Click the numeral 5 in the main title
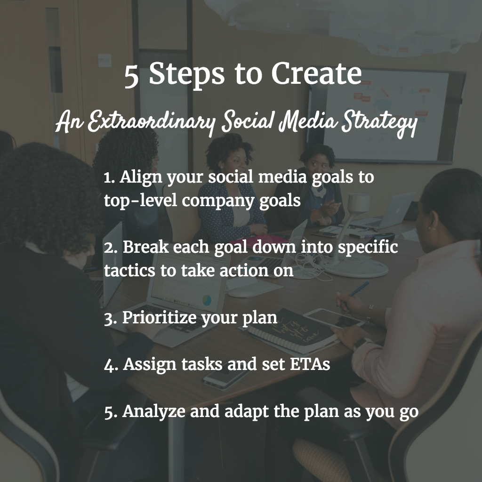(132, 76)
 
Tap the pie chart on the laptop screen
(206, 299)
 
